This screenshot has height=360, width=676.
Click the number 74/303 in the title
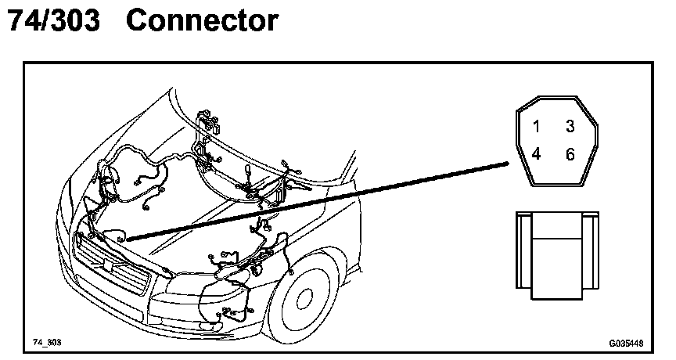tap(52, 21)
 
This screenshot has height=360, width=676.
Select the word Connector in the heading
tap(202, 21)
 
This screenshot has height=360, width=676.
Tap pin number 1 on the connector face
tap(537, 126)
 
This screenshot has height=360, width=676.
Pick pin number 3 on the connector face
tap(570, 126)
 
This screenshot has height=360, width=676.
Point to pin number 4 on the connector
tap(537, 154)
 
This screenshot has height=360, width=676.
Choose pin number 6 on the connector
tap(570, 154)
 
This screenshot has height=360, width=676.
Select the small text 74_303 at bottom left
tap(46, 343)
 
